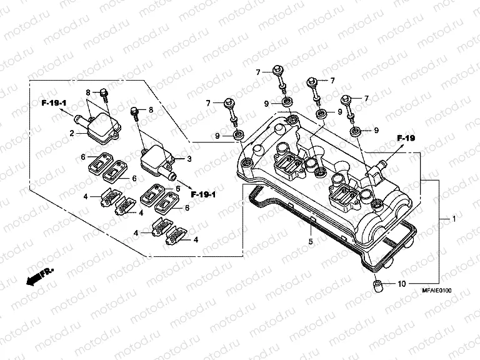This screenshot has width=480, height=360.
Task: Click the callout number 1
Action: click(454, 220)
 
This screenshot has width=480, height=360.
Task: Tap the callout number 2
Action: click(72, 133)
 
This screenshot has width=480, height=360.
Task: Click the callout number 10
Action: click(401, 284)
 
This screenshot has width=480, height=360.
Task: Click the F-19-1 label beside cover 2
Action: click(54, 102)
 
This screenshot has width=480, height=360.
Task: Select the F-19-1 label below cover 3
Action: click(204, 194)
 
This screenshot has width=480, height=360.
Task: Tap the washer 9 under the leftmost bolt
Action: click(238, 135)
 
